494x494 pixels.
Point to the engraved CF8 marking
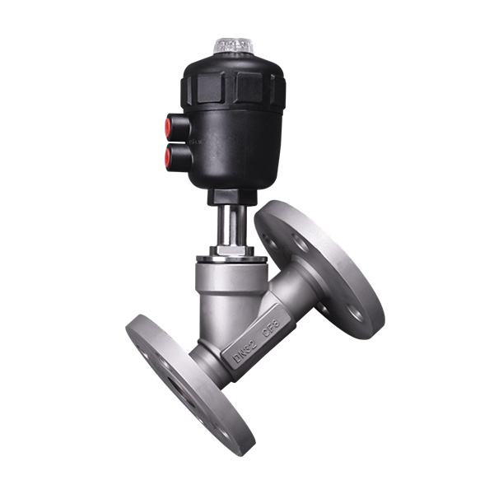[x=272, y=322]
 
